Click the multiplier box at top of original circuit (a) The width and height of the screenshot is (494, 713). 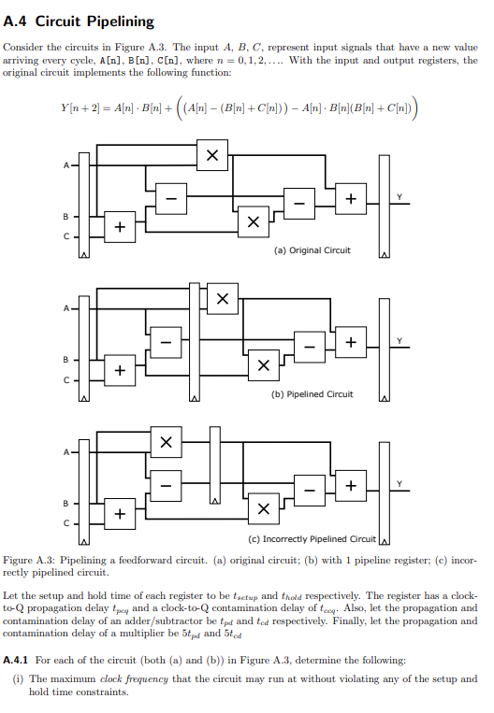click(x=213, y=157)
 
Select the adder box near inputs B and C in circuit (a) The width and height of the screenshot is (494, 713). click(x=119, y=227)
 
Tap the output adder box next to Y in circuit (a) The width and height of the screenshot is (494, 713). click(x=350, y=199)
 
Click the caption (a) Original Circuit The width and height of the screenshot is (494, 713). click(x=312, y=250)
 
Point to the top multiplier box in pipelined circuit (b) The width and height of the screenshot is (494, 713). click(x=222, y=299)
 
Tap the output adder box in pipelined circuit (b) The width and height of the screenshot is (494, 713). click(x=350, y=342)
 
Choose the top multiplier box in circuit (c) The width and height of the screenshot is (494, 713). click(x=166, y=442)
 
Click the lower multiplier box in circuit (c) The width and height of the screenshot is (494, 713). click(x=264, y=508)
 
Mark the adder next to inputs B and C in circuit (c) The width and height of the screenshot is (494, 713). click(x=119, y=514)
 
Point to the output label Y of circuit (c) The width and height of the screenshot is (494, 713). click(x=400, y=484)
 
